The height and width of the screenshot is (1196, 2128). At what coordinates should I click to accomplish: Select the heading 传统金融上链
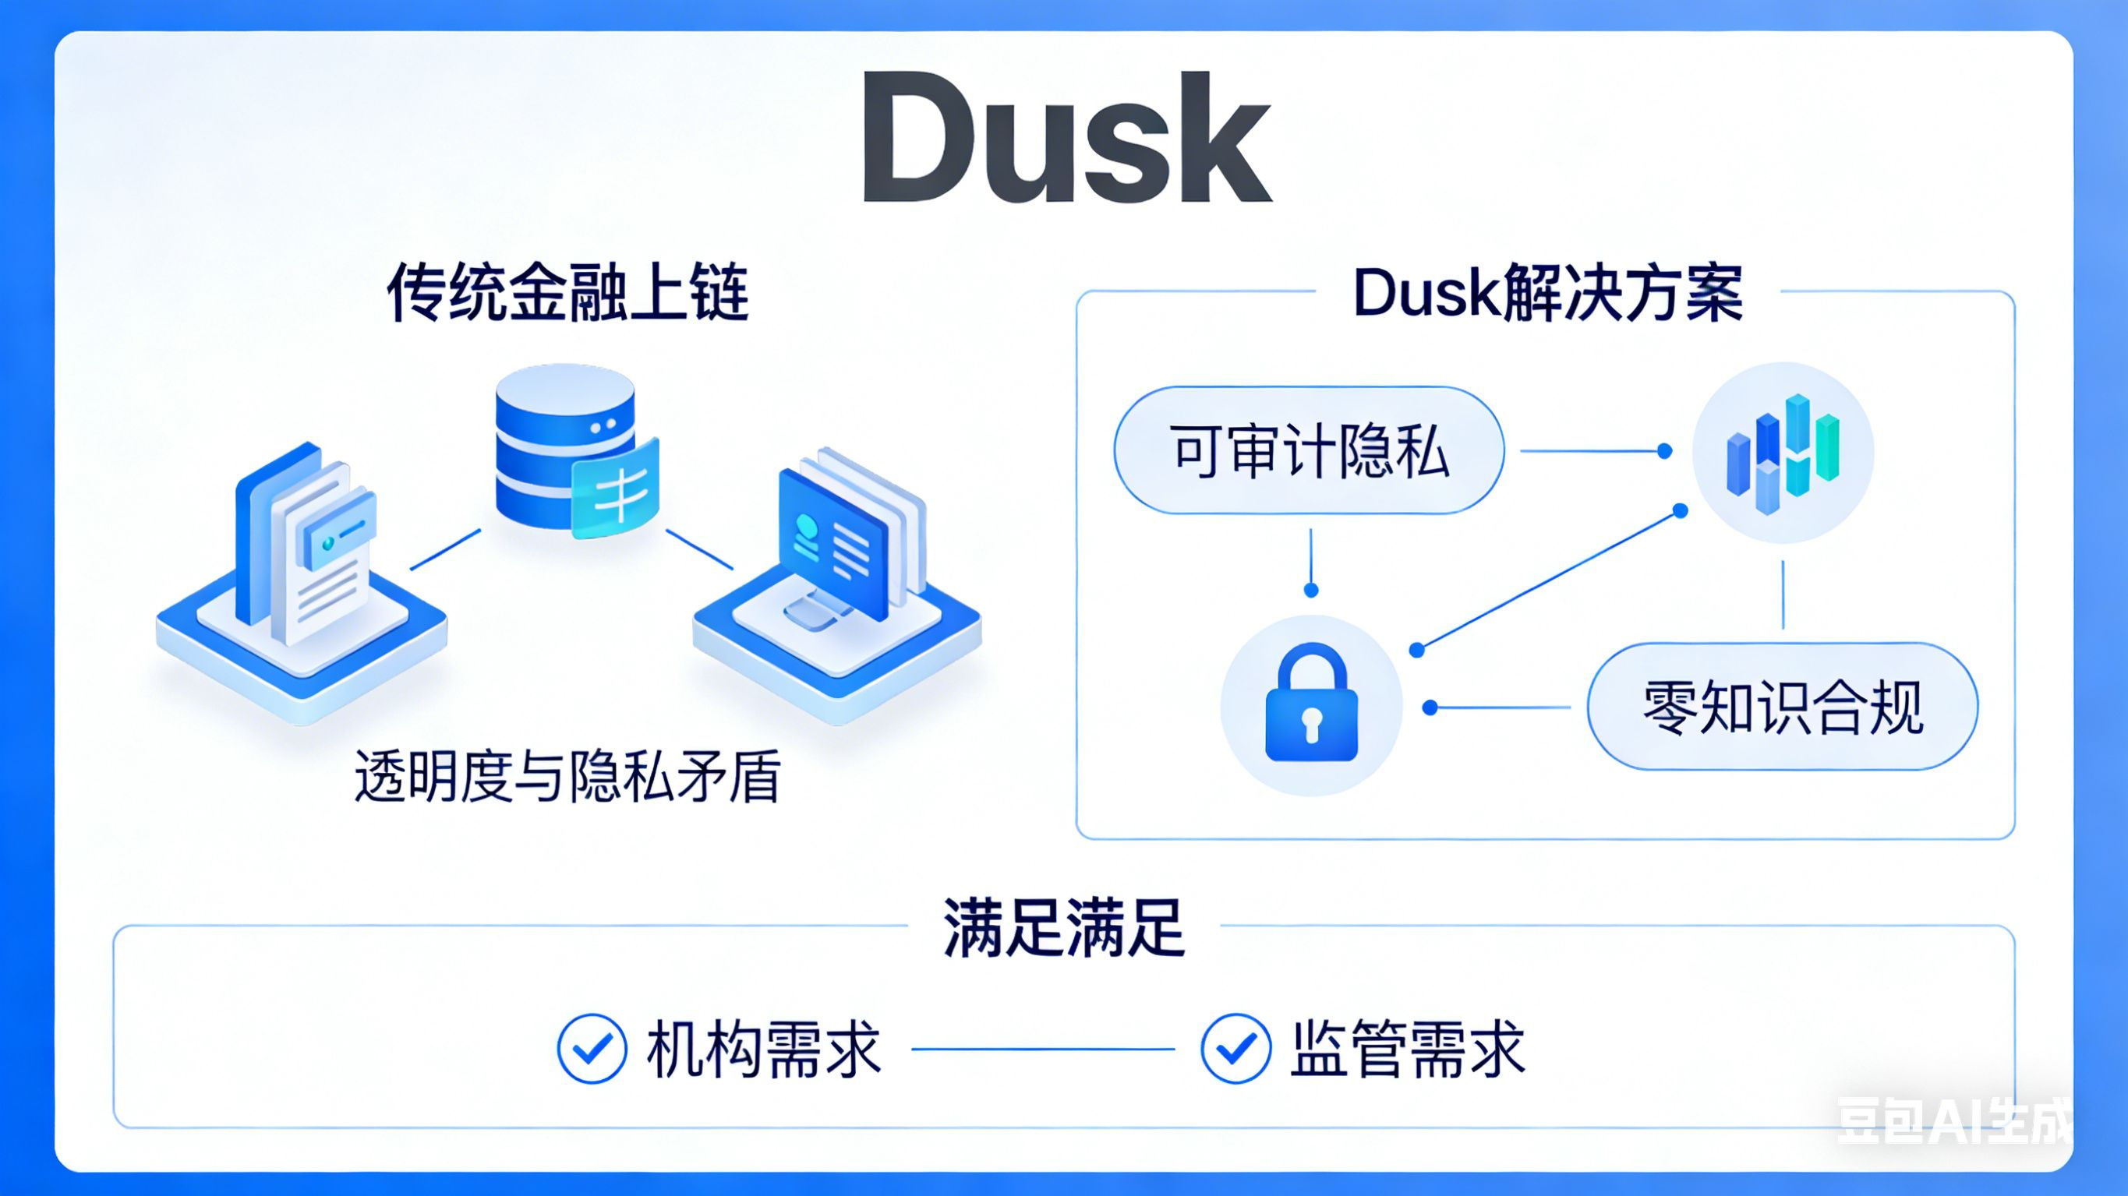click(567, 293)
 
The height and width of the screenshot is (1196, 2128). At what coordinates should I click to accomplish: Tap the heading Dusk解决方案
click(1547, 293)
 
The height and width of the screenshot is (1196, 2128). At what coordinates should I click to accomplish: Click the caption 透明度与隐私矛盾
click(567, 776)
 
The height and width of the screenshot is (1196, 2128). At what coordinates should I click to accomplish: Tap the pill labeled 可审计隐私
click(1309, 451)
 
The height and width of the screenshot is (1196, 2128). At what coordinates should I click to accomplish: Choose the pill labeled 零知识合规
click(1782, 707)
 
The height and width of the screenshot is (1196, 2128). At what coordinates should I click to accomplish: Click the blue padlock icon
click(1311, 704)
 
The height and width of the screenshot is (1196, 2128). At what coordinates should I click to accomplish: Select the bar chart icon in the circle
click(1783, 453)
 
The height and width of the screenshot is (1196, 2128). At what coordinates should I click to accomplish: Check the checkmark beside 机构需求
click(592, 1048)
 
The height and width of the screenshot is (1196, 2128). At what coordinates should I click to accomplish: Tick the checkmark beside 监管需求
click(1235, 1048)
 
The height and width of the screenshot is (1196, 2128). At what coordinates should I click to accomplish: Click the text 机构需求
click(763, 1049)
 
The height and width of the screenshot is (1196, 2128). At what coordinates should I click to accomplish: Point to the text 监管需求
click(1407, 1049)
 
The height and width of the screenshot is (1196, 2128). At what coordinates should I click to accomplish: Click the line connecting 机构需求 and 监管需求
click(1042, 1049)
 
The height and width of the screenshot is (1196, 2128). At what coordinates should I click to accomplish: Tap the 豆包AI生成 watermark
click(1953, 1122)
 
